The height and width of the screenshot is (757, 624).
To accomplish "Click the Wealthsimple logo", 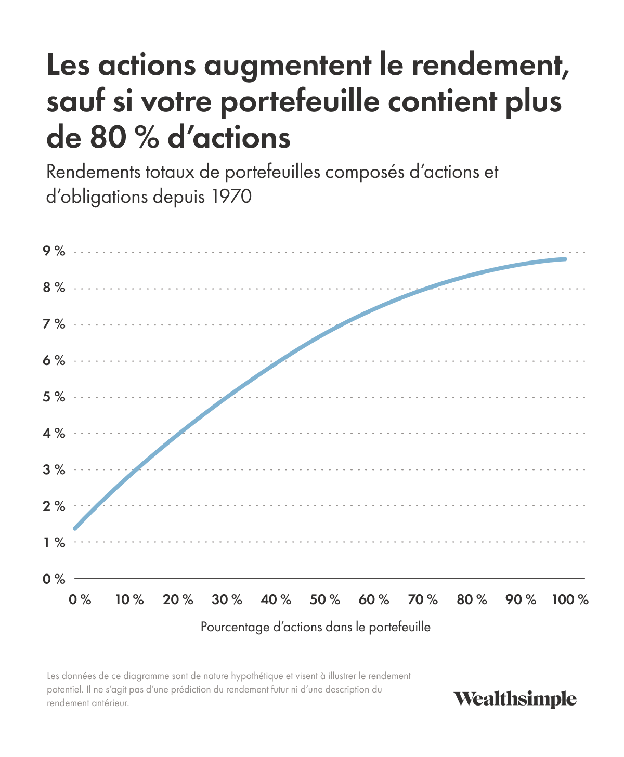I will [x=515, y=699].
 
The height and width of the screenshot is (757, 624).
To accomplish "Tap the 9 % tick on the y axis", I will [x=54, y=252].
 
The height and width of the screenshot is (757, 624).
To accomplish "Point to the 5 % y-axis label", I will [x=54, y=397].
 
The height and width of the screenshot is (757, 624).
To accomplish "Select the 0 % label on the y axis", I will [x=54, y=579].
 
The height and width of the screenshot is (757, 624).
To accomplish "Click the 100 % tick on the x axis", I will [x=570, y=600].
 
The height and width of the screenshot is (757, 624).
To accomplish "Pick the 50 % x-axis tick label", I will [x=325, y=600].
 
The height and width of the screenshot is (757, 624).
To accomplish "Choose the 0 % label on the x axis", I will [x=80, y=600].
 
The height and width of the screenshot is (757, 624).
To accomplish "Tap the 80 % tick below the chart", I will [x=472, y=600].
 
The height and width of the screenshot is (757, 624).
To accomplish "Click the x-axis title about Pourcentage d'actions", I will [x=316, y=627].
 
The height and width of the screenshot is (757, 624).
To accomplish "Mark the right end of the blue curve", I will [x=565, y=259].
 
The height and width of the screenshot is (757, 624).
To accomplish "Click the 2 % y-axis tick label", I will [x=54, y=506].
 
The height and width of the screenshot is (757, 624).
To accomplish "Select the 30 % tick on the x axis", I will [x=227, y=600].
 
